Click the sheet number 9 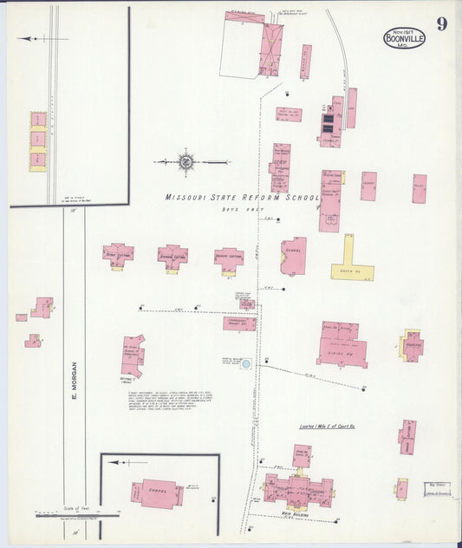tap(441, 23)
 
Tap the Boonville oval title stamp tap(404, 37)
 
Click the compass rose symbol tap(185, 161)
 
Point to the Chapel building tap(157, 493)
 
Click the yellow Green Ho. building tap(351, 262)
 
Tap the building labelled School tap(293, 256)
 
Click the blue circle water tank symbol tap(245, 364)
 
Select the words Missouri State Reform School tap(242, 198)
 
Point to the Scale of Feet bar tap(76, 514)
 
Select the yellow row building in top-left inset tap(38, 140)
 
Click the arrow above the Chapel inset tap(118, 462)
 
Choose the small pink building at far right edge tap(419, 188)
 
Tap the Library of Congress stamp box tap(437, 488)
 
